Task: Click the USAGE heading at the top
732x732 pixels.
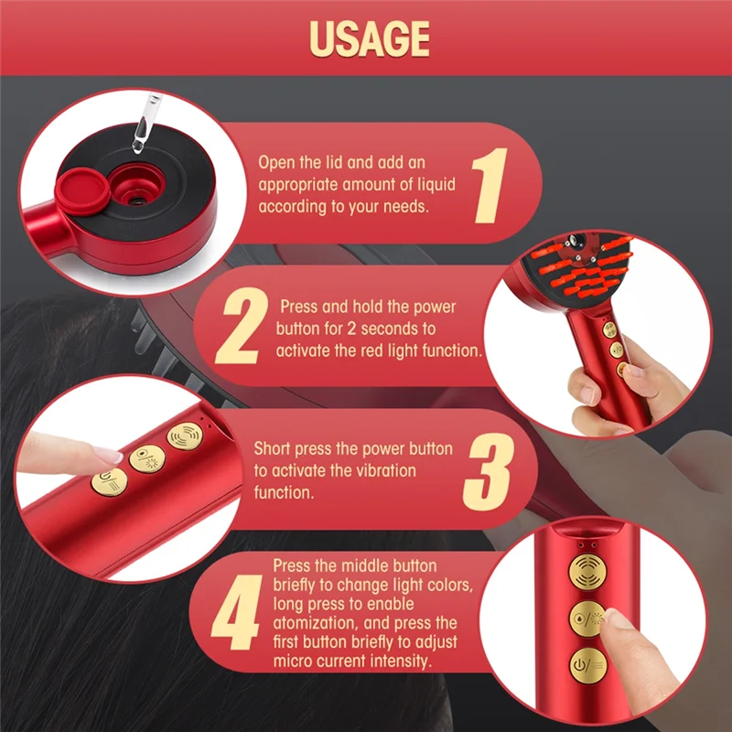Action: (x=369, y=38)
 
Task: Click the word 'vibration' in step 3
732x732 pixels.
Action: (x=384, y=470)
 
